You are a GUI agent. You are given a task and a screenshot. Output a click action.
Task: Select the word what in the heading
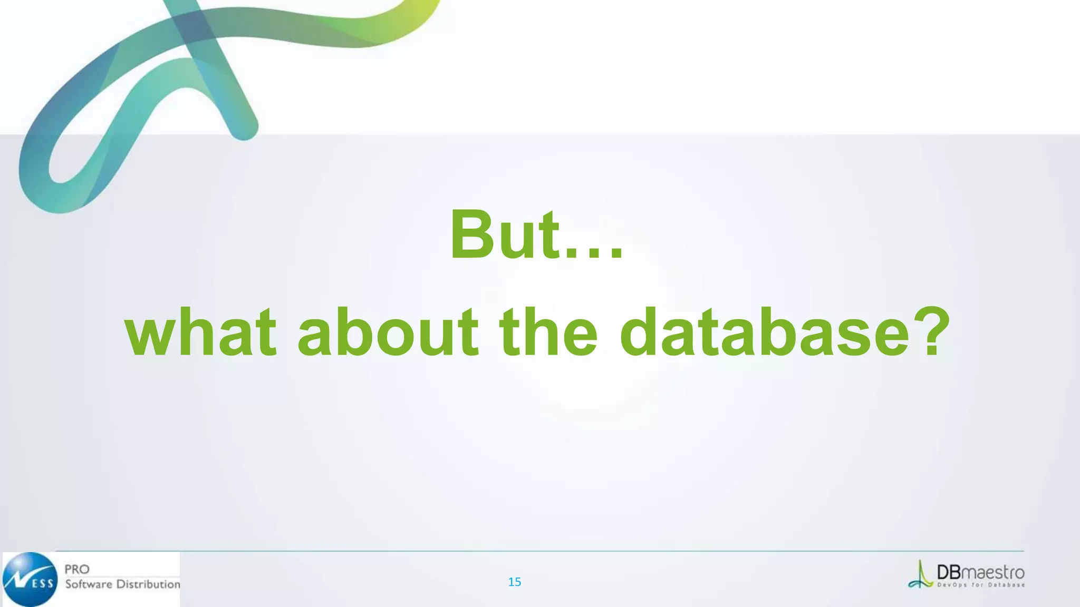tap(200, 333)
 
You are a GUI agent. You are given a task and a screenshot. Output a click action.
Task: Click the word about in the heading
tap(388, 333)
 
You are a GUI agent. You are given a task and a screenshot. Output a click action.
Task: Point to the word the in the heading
tap(548, 333)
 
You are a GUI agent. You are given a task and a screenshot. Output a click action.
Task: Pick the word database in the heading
tap(765, 333)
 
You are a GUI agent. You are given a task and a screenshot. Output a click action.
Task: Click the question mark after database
tap(931, 333)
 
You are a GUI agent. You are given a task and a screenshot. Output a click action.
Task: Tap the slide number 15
tap(514, 582)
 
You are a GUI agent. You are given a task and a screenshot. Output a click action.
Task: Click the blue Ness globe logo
tap(30, 579)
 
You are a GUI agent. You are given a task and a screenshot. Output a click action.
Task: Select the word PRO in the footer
tap(77, 569)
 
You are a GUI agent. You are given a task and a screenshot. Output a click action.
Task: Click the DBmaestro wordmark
tap(980, 572)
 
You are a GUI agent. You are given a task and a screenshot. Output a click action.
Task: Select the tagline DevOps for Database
tap(981, 585)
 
